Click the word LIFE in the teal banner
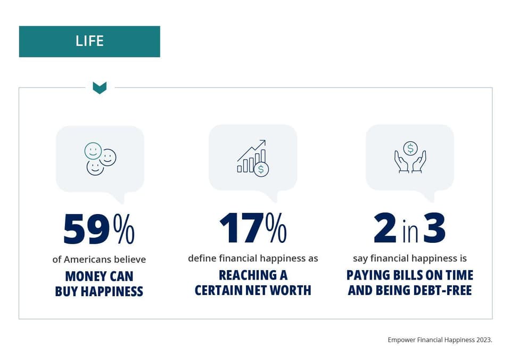tap(89, 41)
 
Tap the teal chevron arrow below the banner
tap(100, 88)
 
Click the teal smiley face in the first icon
tap(93, 151)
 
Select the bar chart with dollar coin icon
tap(253, 158)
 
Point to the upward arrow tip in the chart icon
tap(265, 141)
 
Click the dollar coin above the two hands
tap(410, 149)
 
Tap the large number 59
tap(87, 229)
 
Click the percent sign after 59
tap(124, 229)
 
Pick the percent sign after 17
tap(276, 228)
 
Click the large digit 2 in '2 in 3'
tap(385, 228)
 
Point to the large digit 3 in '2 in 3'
tap(434, 228)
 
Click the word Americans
tap(87, 259)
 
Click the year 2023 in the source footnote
tap(484, 340)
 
